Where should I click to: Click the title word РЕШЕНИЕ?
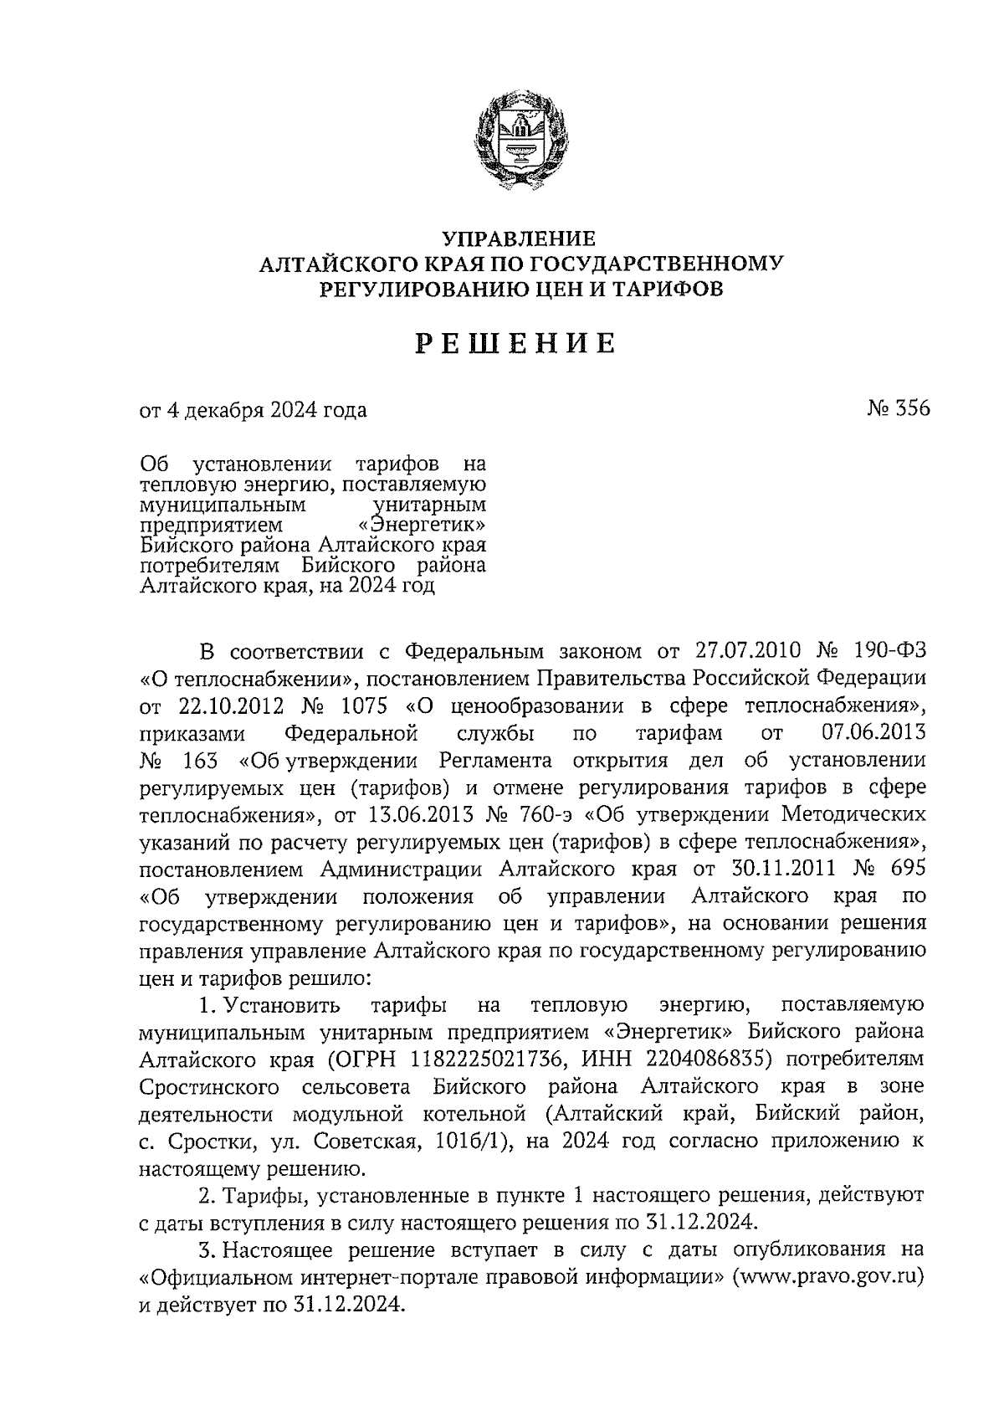(517, 343)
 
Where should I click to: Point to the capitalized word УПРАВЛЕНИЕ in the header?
(518, 239)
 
